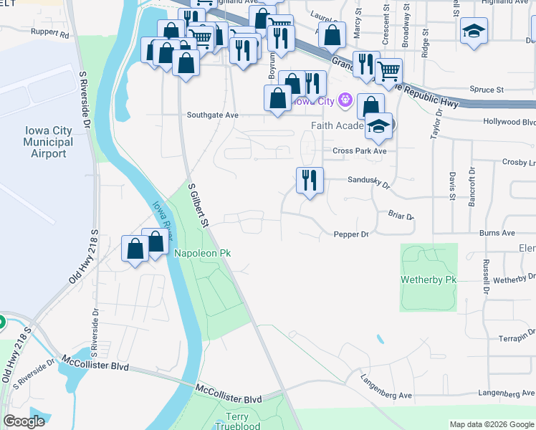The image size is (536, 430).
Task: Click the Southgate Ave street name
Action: pos(212,115)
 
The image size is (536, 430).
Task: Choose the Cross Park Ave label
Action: pos(359,151)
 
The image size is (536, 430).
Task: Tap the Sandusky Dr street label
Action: pos(368,184)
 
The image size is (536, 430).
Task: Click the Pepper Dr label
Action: pos(350,234)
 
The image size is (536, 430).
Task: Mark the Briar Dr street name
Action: pos(400,216)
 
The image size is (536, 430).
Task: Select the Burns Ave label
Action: pos(497,233)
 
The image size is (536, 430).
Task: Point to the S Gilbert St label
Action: pos(197,206)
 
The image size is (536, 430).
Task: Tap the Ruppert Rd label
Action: pos(49,34)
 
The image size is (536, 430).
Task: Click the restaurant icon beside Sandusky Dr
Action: pos(310,180)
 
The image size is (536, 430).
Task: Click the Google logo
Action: pos(24,421)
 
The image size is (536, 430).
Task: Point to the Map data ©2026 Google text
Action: pos(492,424)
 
